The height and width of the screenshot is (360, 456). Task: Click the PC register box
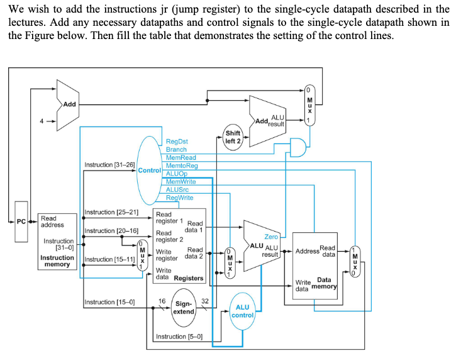tap(22, 222)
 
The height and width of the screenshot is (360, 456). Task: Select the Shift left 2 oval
tap(233, 137)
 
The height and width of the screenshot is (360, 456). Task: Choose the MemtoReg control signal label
tap(182, 166)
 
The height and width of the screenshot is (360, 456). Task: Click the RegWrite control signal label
tap(180, 198)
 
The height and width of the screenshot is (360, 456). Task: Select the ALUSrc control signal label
tap(177, 189)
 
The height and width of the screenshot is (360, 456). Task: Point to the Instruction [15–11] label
tap(110, 259)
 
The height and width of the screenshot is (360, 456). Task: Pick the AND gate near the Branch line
tap(296, 147)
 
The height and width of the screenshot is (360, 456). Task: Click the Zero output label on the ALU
tap(271, 237)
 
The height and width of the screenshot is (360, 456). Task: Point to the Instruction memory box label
tap(57, 261)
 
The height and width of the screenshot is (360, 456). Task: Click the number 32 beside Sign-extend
tap(204, 301)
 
